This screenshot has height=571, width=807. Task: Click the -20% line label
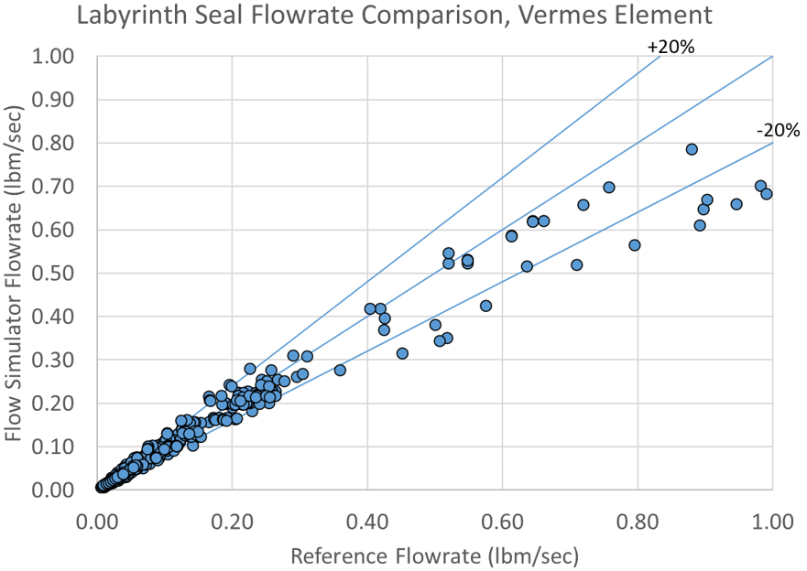click(x=778, y=130)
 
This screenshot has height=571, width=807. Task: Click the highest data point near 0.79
click(x=692, y=149)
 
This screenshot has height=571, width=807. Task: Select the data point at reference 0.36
click(x=340, y=370)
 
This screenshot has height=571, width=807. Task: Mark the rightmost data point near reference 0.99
click(x=767, y=193)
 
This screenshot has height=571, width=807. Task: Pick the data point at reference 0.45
click(x=402, y=353)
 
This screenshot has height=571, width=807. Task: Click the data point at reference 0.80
click(x=634, y=245)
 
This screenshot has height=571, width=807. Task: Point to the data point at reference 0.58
click(x=485, y=306)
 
